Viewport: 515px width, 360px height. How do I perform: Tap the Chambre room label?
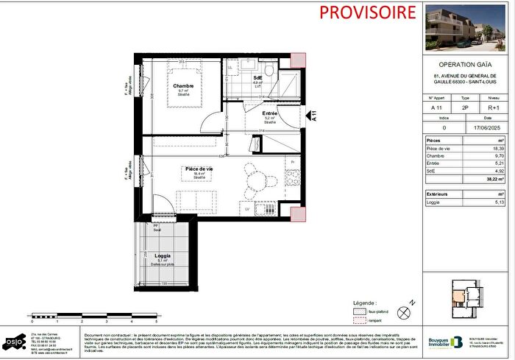point(183,86)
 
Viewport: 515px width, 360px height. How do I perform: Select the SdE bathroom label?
point(258,77)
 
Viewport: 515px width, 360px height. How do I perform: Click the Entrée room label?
point(269,113)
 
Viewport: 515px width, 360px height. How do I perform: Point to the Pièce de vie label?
point(199,169)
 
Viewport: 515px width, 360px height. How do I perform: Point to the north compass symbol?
point(402,311)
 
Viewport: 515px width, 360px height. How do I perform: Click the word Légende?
point(364,303)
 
